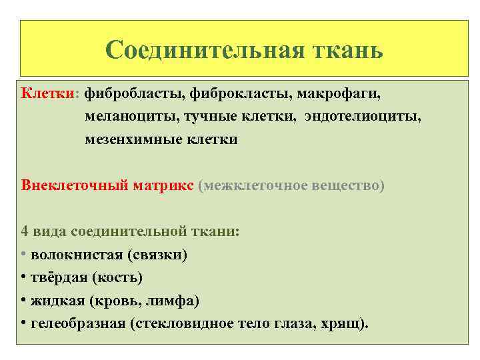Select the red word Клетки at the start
pos(49,94)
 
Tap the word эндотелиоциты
pos(363,117)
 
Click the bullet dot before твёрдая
pos(23,277)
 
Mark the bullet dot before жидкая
pos(23,301)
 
